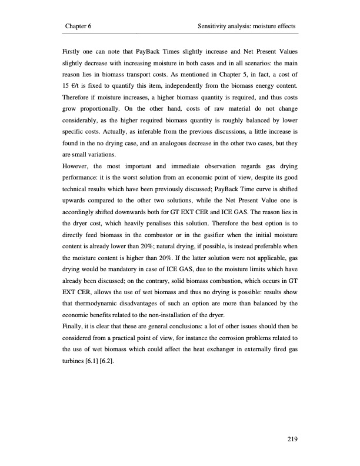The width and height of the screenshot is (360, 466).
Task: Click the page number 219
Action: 288,438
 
